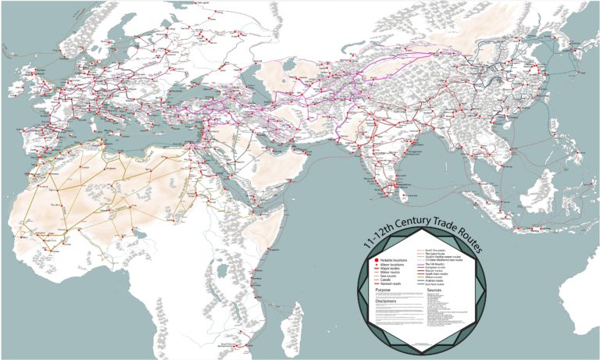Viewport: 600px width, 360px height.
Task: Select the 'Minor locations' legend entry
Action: point(391,264)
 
